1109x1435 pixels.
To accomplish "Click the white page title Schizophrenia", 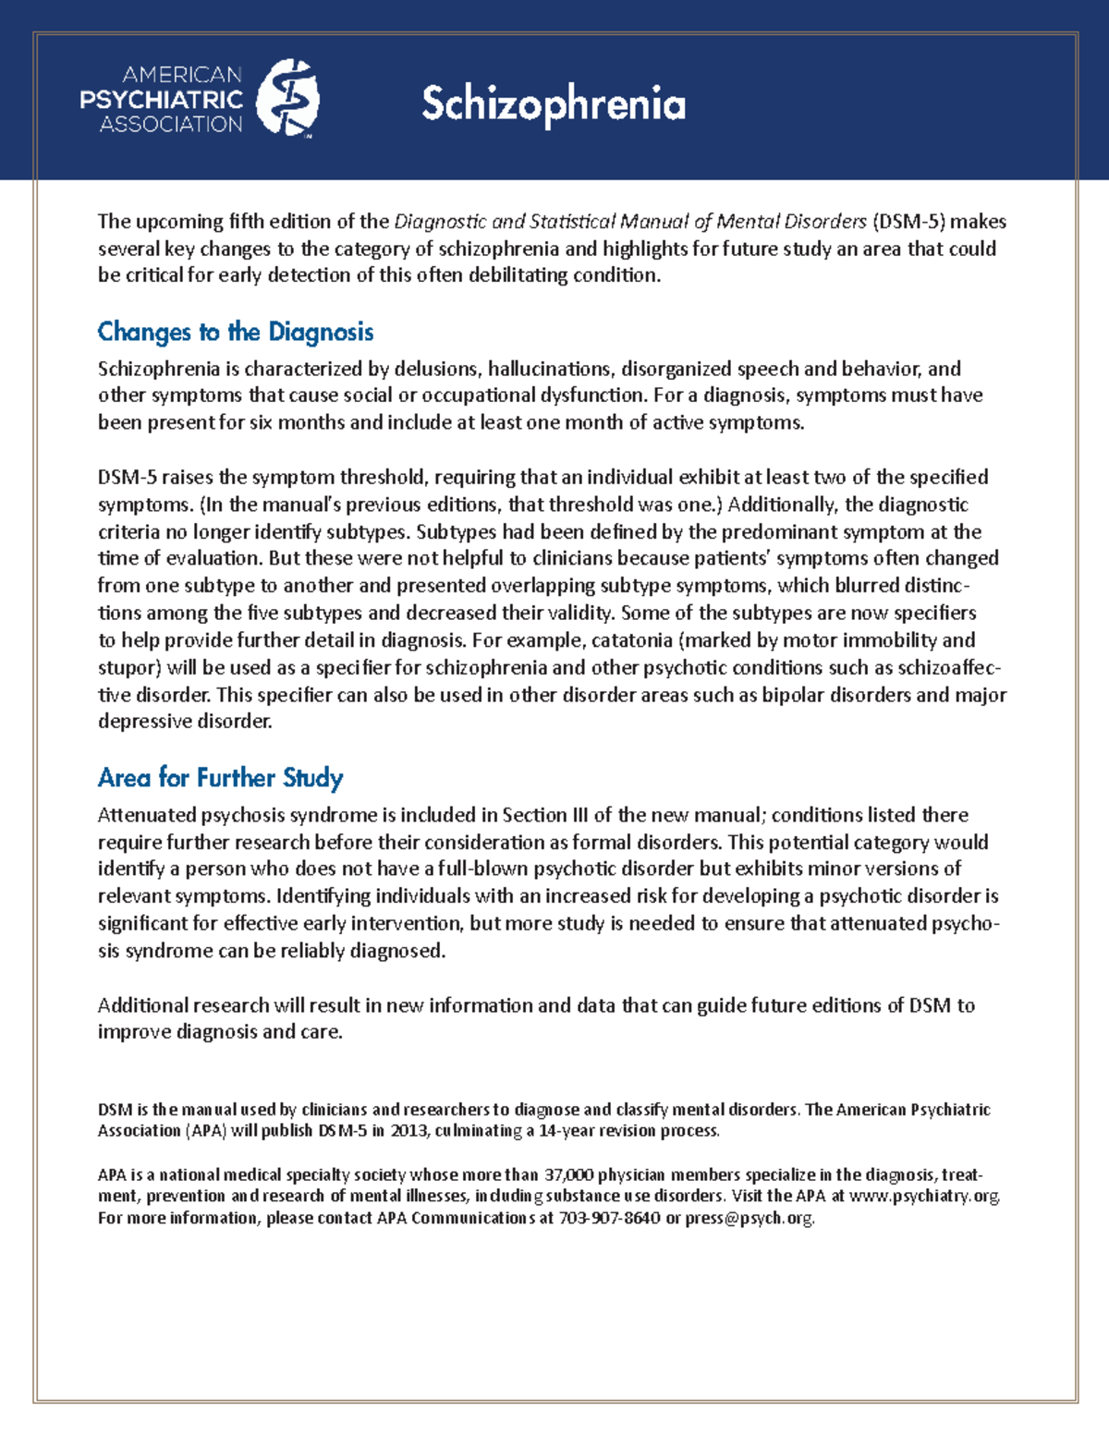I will pos(554,104).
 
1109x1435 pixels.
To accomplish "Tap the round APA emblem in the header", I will pos(287,99).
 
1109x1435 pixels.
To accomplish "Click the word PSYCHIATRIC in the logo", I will pos(161,100).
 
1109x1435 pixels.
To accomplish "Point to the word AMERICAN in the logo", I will pos(182,75).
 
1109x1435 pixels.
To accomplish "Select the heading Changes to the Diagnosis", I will pos(236,332).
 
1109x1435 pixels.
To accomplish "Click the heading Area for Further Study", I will pos(220,778).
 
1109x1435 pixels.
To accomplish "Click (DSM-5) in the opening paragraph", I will pos(908,222).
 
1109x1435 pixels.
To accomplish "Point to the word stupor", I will pos(126,668).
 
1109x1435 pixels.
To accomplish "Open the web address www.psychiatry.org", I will pos(924,1197).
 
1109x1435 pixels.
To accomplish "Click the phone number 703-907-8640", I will pos(610,1219).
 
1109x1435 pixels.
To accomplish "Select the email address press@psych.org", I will pos(749,1219).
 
